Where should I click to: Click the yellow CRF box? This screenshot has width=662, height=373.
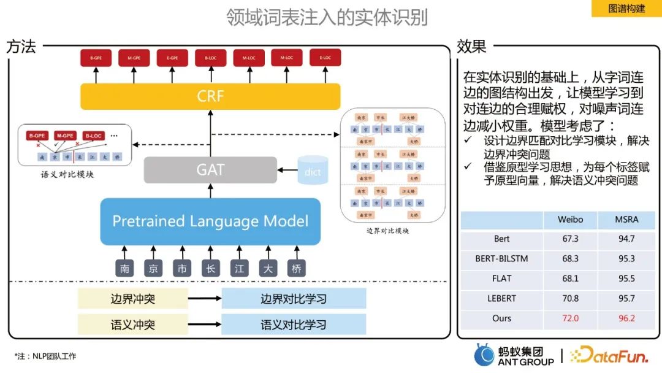(210, 97)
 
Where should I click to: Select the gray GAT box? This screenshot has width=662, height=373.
(210, 169)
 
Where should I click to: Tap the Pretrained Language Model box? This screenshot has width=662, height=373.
(210, 221)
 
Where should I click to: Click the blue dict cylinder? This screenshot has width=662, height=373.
(313, 170)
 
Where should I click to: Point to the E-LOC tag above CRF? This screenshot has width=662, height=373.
(325, 58)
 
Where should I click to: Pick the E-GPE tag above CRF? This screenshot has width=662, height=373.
(172, 58)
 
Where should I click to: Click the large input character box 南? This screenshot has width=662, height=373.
(124, 268)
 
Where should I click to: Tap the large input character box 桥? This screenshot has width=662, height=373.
(297, 268)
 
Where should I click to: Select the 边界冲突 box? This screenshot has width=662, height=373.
(133, 299)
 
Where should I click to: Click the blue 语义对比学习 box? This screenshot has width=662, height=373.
(294, 325)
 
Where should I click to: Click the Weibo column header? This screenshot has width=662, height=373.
(570, 220)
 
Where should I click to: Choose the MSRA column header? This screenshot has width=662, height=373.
(626, 220)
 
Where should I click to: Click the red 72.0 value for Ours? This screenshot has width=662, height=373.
(570, 318)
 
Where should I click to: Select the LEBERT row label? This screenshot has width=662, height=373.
(501, 299)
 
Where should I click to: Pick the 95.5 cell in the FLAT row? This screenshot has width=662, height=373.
(626, 279)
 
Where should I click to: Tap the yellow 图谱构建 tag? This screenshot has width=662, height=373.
(626, 9)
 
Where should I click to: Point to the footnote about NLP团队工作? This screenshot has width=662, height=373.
(45, 356)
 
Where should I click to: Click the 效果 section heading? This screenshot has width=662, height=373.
(471, 46)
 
